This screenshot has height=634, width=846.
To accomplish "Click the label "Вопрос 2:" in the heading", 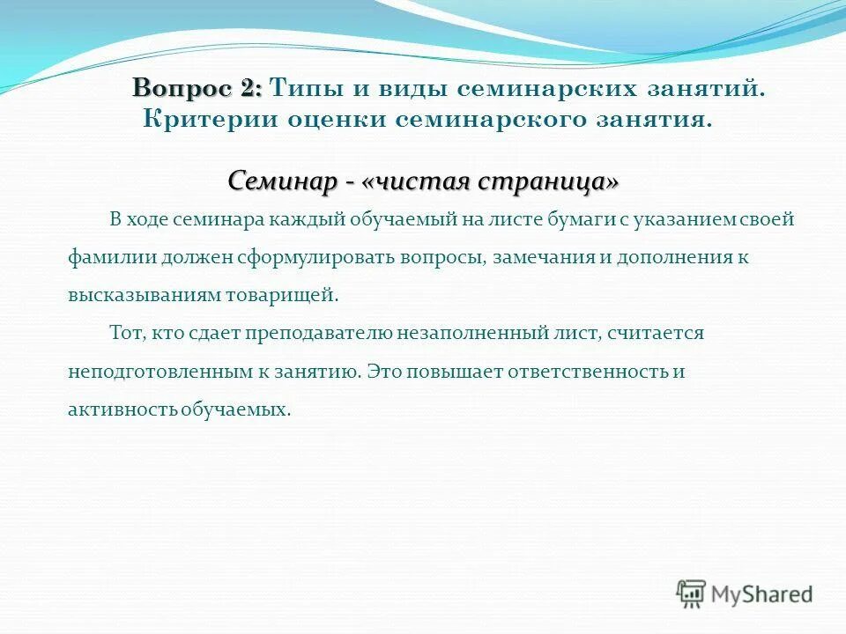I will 197,88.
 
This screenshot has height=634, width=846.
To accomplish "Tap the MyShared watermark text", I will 762,593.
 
